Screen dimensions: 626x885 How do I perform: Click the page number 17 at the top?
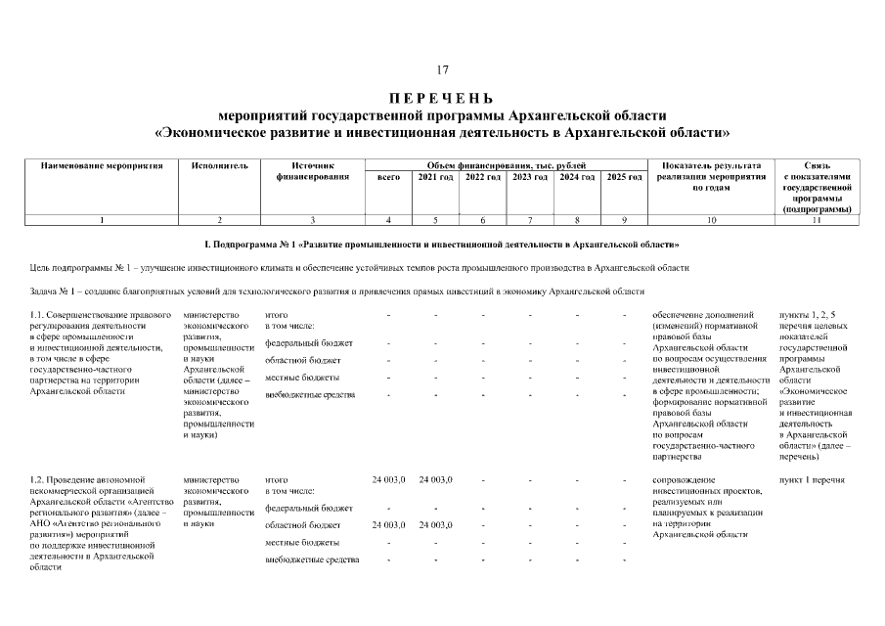click(x=442, y=69)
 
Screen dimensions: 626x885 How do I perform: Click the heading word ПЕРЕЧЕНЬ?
click(x=442, y=99)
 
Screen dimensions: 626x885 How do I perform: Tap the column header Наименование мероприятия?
click(x=102, y=165)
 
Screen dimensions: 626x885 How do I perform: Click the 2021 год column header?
click(x=435, y=177)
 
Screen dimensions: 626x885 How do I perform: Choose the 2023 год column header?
click(x=530, y=177)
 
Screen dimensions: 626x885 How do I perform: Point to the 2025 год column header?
click(x=624, y=177)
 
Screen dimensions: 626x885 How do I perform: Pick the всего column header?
click(x=388, y=177)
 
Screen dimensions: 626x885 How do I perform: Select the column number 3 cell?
click(x=313, y=220)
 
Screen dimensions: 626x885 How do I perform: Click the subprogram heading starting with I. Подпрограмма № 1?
click(x=442, y=243)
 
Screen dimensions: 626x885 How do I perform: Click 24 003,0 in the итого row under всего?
click(x=388, y=479)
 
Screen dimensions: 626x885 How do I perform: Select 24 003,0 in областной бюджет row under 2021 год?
click(x=435, y=525)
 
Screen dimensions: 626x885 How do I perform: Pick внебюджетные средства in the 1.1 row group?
click(x=310, y=395)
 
